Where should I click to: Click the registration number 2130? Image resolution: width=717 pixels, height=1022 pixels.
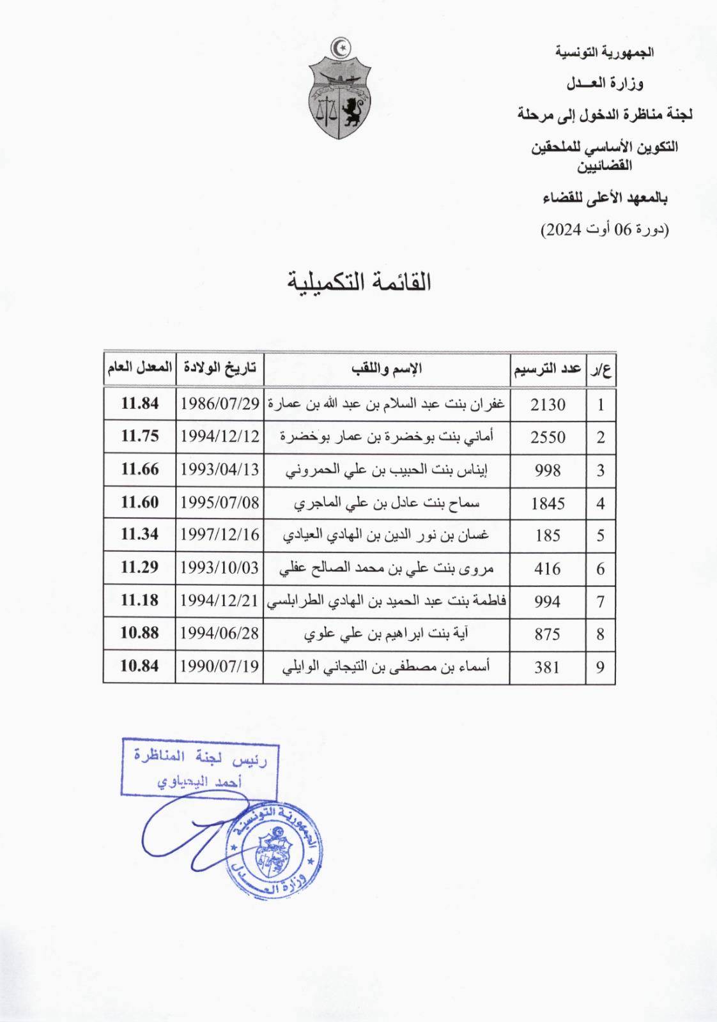point(548,405)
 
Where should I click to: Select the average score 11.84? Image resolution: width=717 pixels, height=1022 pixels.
point(140,404)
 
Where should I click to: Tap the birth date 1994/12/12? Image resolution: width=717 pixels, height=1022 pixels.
point(220,437)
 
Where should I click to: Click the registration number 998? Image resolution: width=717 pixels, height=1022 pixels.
point(548,471)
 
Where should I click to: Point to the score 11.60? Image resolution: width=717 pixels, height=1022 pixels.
point(140,503)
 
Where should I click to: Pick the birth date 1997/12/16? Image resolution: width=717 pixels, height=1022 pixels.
point(220,535)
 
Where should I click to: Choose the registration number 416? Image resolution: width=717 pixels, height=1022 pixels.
point(548,569)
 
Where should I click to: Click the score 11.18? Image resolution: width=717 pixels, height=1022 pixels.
point(140,601)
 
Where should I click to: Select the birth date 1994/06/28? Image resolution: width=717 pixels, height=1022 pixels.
point(220,634)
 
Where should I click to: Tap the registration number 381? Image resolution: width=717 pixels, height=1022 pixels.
point(548,667)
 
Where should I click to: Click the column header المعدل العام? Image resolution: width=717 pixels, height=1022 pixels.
point(140,368)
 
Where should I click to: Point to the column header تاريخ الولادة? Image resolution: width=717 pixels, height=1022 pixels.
point(220,368)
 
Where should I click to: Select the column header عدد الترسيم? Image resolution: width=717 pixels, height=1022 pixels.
point(548,369)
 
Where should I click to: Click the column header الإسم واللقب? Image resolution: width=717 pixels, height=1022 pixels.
point(387,369)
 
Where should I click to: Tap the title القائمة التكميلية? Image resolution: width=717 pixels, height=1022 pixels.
point(359,282)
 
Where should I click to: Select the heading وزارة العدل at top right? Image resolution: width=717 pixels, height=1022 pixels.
point(605,84)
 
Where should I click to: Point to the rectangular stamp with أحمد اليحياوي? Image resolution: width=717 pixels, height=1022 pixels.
point(200,767)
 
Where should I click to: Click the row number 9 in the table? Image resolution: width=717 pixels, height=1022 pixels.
point(601,667)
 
